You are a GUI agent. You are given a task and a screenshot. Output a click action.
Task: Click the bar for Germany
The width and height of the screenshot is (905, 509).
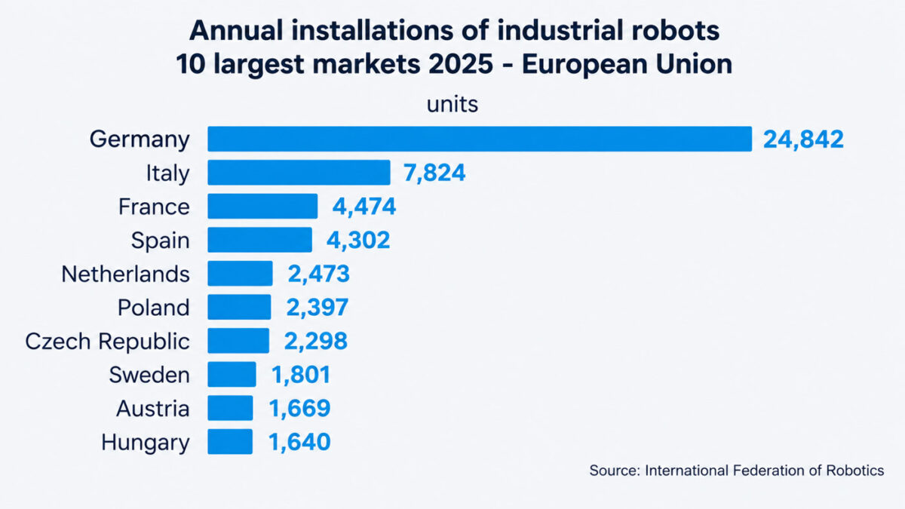click(480, 139)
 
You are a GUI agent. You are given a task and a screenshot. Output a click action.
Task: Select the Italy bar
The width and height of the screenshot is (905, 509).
click(299, 173)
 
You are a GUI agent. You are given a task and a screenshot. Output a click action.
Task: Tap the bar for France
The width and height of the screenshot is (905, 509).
click(262, 206)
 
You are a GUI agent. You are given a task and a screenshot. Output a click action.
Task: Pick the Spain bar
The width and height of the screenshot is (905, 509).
click(259, 240)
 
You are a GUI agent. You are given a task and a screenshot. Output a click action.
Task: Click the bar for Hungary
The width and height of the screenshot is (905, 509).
click(230, 442)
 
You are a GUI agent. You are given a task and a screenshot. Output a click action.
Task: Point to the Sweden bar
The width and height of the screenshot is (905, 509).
click(232, 374)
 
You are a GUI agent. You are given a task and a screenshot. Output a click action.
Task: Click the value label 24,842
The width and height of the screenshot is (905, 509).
click(803, 140)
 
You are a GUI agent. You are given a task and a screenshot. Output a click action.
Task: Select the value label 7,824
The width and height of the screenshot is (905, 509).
click(434, 173)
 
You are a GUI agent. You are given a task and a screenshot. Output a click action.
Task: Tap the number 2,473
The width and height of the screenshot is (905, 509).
click(318, 274)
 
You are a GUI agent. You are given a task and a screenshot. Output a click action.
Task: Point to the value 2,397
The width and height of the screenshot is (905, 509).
click(317, 308)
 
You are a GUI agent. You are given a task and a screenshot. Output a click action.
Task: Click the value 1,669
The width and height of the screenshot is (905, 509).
click(299, 409)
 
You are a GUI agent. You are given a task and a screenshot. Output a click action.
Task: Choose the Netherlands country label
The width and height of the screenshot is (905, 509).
click(125, 274)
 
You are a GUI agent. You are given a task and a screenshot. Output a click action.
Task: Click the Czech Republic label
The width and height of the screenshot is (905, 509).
click(107, 342)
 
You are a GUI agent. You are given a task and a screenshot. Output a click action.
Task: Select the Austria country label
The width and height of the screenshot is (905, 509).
click(152, 409)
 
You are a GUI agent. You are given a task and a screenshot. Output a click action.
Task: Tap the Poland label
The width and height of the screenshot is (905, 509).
click(154, 308)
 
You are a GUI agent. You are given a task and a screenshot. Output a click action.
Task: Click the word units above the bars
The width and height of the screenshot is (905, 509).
click(452, 104)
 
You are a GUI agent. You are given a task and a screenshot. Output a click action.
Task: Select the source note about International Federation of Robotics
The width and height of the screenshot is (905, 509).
click(736, 471)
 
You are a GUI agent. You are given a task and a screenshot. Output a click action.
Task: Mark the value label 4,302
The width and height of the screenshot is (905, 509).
click(358, 241)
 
